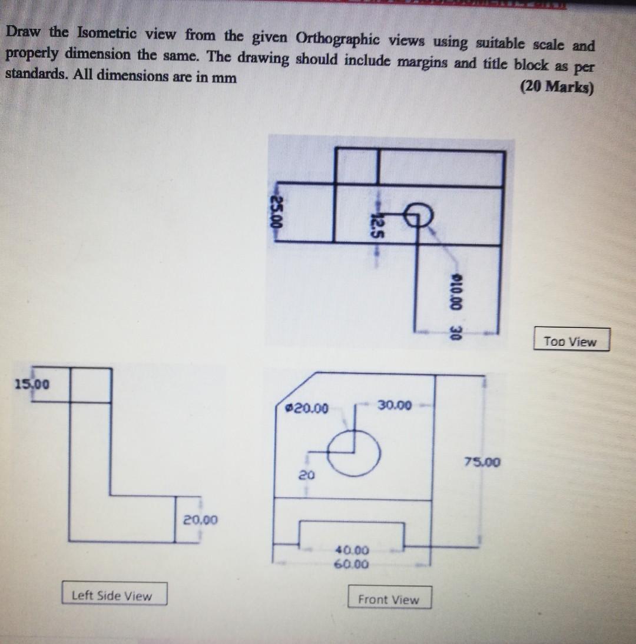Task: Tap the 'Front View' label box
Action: pos(389,599)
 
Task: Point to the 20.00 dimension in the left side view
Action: pos(200,520)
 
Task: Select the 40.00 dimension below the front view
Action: pos(352,550)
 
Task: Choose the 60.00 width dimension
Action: pos(352,565)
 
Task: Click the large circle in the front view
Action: pos(354,452)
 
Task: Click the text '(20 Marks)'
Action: pos(557,88)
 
